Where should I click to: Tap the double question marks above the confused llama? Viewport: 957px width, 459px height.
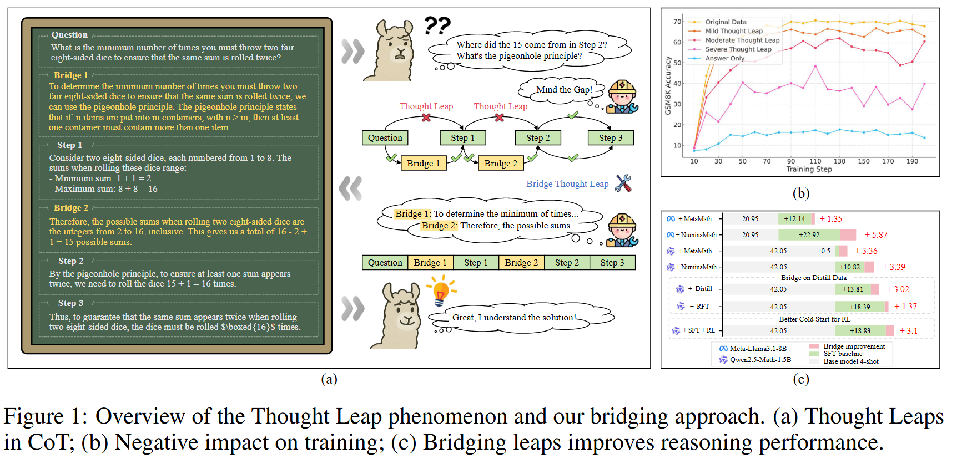[437, 25]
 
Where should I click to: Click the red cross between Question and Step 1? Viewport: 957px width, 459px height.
[426, 118]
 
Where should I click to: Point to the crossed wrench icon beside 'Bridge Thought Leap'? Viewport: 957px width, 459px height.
[623, 183]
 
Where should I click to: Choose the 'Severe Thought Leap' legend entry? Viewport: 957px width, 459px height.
[738, 49]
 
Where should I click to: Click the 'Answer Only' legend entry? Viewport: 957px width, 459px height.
[724, 58]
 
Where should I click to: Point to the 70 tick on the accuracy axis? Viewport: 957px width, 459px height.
[677, 22]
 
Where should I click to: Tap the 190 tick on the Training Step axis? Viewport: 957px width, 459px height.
[912, 161]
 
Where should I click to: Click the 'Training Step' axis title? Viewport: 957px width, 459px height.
[809, 169]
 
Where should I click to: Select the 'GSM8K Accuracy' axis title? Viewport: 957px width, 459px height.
[668, 86]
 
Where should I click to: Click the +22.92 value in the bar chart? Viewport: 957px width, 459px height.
[809, 235]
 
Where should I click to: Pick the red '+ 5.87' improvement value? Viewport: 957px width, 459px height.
[875, 235]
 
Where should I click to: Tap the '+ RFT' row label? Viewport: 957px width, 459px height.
[699, 307]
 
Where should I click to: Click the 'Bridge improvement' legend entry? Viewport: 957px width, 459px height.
[854, 346]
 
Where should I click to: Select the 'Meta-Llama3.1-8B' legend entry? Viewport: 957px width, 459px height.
[758, 349]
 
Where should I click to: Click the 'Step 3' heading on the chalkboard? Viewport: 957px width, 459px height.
[70, 303]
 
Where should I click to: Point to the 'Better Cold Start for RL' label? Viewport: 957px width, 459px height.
[814, 319]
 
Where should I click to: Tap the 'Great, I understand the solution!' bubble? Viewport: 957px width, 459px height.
[514, 318]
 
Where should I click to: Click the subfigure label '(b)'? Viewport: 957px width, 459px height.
[800, 193]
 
